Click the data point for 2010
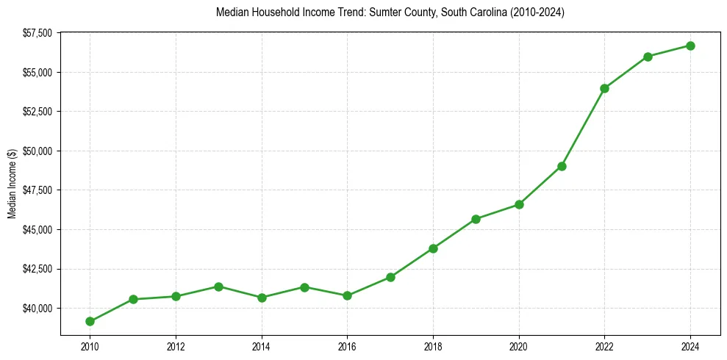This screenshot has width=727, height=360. tap(90, 321)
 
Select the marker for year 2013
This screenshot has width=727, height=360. tap(218, 287)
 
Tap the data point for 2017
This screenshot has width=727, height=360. tap(390, 277)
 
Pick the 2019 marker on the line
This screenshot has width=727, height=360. tap(476, 219)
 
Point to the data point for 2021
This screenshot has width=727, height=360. tap(562, 166)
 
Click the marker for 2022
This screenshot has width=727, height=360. tap(604, 88)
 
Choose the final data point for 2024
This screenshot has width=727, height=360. tap(690, 46)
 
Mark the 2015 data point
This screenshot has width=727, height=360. tap(304, 287)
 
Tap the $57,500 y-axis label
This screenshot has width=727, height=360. tap(37, 33)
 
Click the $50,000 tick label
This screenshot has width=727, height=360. tap(37, 151)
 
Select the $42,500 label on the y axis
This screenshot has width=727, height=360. tap(37, 269)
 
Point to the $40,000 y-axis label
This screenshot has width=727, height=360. tap(37, 308)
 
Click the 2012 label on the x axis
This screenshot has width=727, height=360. tap(176, 345)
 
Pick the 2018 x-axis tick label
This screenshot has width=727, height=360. tap(433, 345)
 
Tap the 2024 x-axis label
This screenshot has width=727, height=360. tap(690, 345)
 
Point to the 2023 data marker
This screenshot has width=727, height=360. tap(648, 57)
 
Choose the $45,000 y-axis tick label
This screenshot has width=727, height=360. tap(37, 229)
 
